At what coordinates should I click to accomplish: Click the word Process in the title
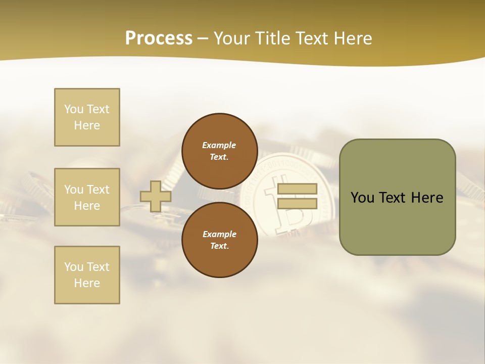tap(159, 38)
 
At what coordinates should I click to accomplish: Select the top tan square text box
tap(87, 117)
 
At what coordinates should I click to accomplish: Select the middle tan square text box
tap(87, 197)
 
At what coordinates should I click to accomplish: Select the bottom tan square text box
tap(87, 275)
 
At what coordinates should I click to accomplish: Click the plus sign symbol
tap(156, 196)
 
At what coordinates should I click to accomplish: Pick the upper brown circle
tap(220, 151)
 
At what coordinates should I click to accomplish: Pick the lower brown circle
tap(220, 240)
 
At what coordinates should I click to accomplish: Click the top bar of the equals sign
tap(297, 189)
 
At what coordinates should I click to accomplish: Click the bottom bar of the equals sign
tap(297, 204)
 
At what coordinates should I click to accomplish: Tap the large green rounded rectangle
tap(397, 222)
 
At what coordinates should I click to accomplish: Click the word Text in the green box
tap(396, 198)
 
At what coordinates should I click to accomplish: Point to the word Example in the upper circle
tap(219, 145)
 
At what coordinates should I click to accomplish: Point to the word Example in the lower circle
tap(219, 234)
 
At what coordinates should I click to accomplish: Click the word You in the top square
tap(73, 109)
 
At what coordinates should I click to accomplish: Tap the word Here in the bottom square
tap(87, 283)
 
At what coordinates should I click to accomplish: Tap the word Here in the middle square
tap(87, 206)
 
